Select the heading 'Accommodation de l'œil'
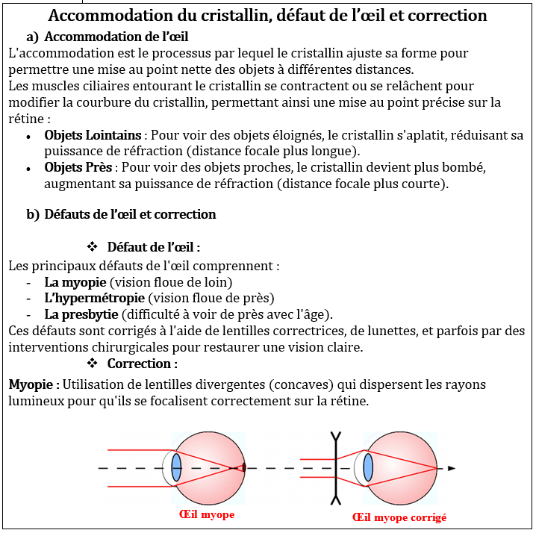116,37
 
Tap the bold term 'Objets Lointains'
93,135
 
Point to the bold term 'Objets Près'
78,166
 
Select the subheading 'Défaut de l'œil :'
153,246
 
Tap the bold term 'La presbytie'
81,314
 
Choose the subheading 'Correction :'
142,364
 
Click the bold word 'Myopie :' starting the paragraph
34,384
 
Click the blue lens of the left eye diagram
176,467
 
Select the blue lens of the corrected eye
368,468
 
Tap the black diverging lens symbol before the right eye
336,468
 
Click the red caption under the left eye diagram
207,515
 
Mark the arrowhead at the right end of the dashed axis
451,468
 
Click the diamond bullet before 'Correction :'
93,364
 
